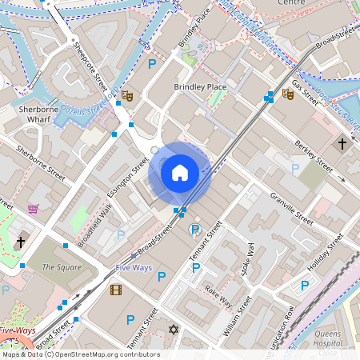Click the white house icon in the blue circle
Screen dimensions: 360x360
point(179,172)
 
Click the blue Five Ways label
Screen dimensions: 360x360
point(133,267)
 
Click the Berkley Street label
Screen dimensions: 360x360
point(313,155)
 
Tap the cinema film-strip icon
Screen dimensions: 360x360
point(116,290)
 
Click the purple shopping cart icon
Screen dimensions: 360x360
point(33,209)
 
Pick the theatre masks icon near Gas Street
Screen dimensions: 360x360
point(288,94)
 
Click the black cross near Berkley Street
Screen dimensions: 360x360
point(342,144)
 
